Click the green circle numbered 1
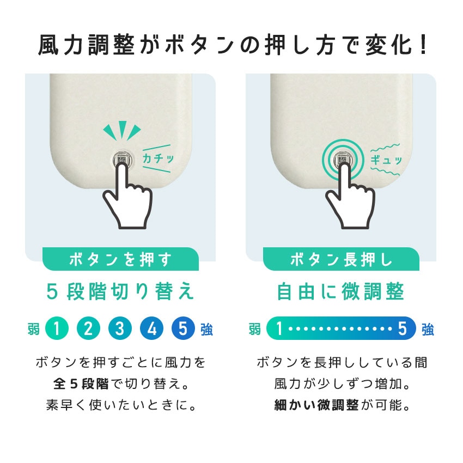pos(57,328)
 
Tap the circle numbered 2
pos(88,328)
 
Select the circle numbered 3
pos(120,328)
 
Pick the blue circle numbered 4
pos(152,328)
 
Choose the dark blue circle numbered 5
pos(184,328)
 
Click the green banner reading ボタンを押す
pos(120,259)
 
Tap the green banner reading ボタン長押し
pos(341,259)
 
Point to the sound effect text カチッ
pos(159,159)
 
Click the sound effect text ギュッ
pos(386,160)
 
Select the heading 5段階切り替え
pos(120,292)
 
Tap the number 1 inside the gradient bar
pos(279,328)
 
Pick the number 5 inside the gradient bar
pos(402,328)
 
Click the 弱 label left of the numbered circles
pos(34,328)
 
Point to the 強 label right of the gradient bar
pos(428,329)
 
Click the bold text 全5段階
pos(81,384)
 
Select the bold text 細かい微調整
pos(316,405)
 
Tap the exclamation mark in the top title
pos(423,45)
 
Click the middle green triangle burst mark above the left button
pos(123,129)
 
